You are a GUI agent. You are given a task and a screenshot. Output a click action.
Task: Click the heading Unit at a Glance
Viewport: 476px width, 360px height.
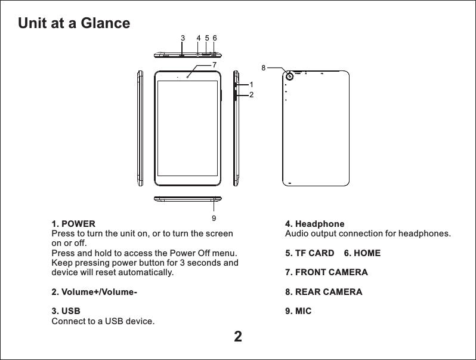(74, 23)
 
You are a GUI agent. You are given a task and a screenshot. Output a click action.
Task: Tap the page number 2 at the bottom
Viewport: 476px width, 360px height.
(237, 337)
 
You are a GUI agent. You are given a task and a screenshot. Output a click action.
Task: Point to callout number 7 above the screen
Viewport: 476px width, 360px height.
(214, 63)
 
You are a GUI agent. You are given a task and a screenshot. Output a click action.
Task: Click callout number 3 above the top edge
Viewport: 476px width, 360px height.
(183, 38)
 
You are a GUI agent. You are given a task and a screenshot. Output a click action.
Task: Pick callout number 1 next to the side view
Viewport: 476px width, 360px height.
(252, 85)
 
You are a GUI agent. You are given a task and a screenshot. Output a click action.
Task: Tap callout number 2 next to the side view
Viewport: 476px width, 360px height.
(252, 95)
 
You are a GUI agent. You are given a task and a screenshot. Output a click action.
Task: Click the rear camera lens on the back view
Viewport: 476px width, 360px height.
(290, 76)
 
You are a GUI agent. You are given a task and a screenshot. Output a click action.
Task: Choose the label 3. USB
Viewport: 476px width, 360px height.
(64, 312)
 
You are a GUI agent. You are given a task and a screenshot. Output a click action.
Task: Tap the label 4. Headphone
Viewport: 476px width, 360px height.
(315, 224)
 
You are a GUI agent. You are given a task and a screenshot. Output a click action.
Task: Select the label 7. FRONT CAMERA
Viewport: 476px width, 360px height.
(326, 272)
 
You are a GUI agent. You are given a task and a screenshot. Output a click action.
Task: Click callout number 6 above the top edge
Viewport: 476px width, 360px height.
(214, 38)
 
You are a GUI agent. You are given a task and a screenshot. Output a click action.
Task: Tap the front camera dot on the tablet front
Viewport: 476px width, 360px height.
(188, 76)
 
